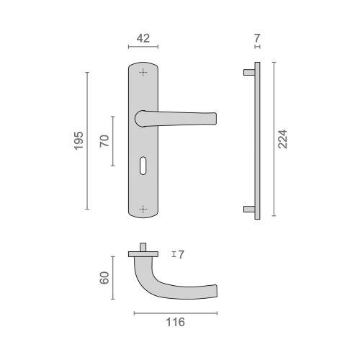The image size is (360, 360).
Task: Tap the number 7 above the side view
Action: pos(257,37)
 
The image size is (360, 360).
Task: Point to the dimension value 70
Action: pos(104,140)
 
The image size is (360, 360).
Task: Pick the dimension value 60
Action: pos(104,276)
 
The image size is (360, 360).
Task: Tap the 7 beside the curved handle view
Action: pos(181,254)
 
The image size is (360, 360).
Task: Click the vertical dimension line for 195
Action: pos(86,140)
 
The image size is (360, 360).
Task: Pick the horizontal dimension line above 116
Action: pos(174,312)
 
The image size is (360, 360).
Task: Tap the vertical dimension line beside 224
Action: pos(272,140)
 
